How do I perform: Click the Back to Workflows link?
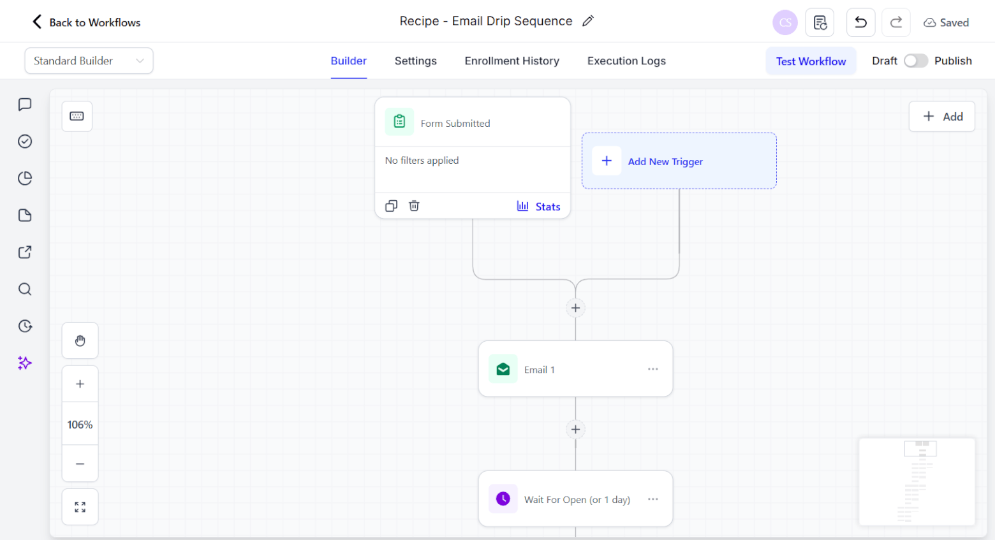click(87, 22)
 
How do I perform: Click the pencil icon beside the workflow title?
click(588, 21)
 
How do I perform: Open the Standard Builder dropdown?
click(89, 61)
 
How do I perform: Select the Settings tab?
click(415, 61)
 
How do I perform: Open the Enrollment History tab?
click(512, 61)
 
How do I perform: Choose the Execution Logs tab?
click(626, 61)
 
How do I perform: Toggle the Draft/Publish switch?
click(915, 61)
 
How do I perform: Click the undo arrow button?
click(860, 22)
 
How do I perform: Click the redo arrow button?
click(896, 22)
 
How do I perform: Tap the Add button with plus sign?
click(942, 117)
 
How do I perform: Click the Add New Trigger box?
click(679, 161)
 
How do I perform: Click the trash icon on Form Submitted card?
click(414, 206)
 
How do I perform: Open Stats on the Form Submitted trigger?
click(539, 207)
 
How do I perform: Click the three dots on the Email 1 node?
click(652, 369)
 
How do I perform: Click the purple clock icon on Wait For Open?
click(503, 499)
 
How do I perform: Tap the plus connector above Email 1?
click(575, 308)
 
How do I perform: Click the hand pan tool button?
click(80, 341)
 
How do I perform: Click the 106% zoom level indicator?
click(80, 425)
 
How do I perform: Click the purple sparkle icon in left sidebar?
click(25, 363)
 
